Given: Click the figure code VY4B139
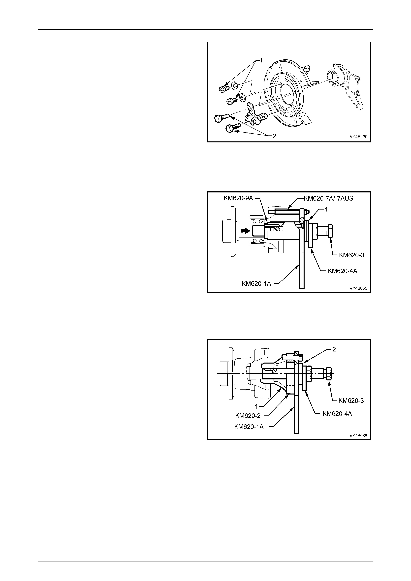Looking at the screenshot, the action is coord(358,137).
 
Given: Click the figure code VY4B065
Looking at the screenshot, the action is coord(358,288).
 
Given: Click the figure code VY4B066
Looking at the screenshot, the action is coord(358,435).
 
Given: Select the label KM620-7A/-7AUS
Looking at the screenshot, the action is coord(328,198).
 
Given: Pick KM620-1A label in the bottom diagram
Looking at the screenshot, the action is coord(249,427).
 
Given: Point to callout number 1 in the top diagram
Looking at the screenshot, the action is coord(261,60).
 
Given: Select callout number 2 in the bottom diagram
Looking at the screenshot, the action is coord(334,349).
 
